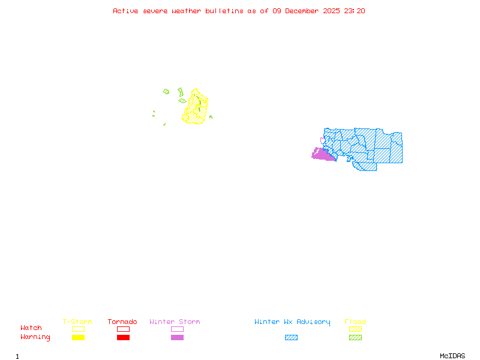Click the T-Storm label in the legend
[x=77, y=322]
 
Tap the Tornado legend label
[x=122, y=322]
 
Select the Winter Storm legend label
[x=175, y=322]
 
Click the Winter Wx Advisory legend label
[x=292, y=322]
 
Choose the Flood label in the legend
[x=355, y=322]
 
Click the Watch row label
[x=31, y=328]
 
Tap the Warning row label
[x=35, y=337]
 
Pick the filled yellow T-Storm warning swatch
[x=78, y=338]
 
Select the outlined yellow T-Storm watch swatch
[x=78, y=329]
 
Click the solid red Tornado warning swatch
[x=123, y=338]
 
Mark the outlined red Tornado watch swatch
[x=123, y=329]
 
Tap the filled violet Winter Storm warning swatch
[x=177, y=338]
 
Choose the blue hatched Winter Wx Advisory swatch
[x=291, y=338]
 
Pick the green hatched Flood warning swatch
[x=355, y=338]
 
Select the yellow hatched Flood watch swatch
[x=355, y=329]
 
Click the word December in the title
[x=305, y=11]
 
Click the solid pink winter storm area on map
[x=322, y=155]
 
